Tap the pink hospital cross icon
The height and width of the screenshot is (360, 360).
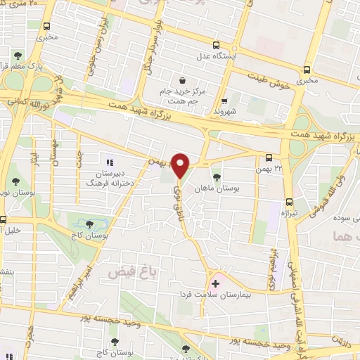(x=215, y=284)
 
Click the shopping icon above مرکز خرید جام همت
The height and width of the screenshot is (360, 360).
(x=183, y=80)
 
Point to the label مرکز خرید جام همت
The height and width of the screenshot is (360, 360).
(x=181, y=96)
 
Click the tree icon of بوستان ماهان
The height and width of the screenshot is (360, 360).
(x=216, y=168)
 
